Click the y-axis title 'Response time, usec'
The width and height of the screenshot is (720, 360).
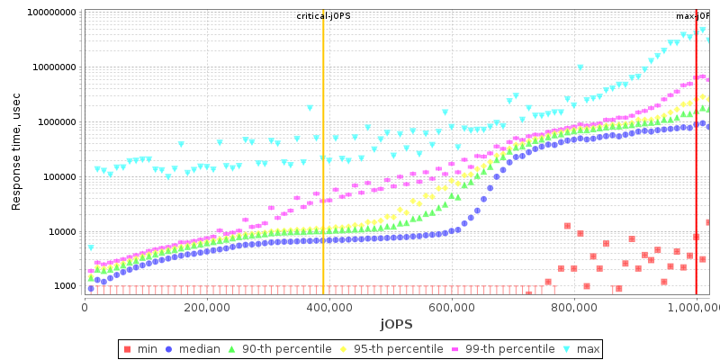(16, 151)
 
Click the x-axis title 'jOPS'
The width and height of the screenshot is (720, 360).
(396, 323)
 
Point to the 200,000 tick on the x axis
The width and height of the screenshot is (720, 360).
(207, 306)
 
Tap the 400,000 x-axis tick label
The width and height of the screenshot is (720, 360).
(329, 306)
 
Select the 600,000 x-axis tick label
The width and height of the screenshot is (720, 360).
(452, 306)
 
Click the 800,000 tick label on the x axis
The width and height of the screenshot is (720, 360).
(574, 306)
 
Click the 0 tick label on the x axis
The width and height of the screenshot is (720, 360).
(85, 306)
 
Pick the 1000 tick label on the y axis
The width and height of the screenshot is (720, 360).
(63, 286)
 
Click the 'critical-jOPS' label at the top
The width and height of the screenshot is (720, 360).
(323, 16)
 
